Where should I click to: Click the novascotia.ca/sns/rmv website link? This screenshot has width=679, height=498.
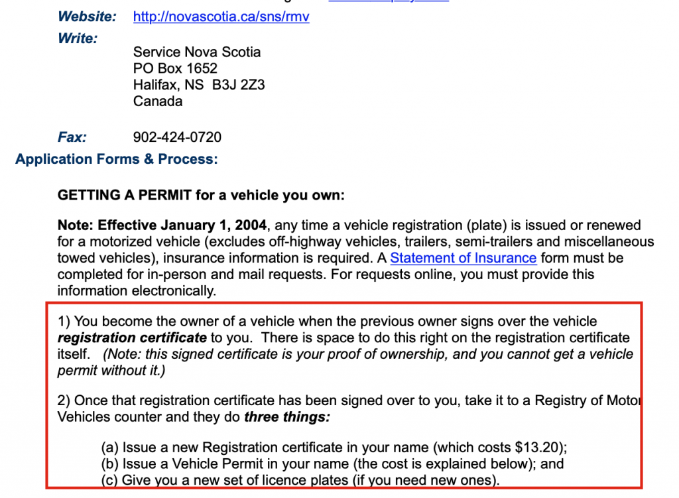pyautogui.click(x=221, y=17)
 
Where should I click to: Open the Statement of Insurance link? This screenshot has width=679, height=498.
pyautogui.click(x=463, y=258)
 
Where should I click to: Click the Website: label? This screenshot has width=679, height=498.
pyautogui.click(x=87, y=17)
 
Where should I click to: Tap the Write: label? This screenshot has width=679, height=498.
pyautogui.click(x=78, y=38)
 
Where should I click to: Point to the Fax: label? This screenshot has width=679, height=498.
pyautogui.click(x=72, y=137)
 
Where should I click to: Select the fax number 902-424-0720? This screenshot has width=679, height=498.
pyautogui.click(x=177, y=137)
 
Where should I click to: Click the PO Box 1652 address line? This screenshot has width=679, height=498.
pyautogui.click(x=175, y=68)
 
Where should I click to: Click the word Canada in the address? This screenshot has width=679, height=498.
pyautogui.click(x=158, y=101)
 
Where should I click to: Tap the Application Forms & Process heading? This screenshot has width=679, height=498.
pyautogui.click(x=116, y=159)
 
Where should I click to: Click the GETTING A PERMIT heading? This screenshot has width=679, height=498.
pyautogui.click(x=201, y=196)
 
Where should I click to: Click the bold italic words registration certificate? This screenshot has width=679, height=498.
pyautogui.click(x=132, y=338)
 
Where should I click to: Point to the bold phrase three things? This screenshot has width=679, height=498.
pyautogui.click(x=287, y=417)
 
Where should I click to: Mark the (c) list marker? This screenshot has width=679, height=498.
pyautogui.click(x=109, y=480)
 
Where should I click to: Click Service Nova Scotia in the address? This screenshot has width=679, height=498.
pyautogui.click(x=197, y=52)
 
